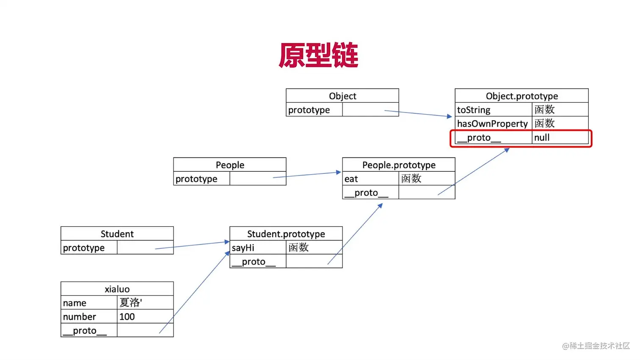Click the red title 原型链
click(318, 55)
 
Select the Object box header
click(342, 96)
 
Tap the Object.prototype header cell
click(521, 96)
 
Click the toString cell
click(493, 110)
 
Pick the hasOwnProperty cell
click(493, 124)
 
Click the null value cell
click(560, 138)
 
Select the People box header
click(229, 165)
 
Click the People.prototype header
click(398, 165)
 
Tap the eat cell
click(370, 179)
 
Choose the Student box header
click(117, 234)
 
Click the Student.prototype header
click(286, 234)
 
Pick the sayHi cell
click(258, 248)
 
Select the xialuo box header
click(117, 289)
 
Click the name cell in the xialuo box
click(89, 303)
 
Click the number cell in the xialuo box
click(89, 317)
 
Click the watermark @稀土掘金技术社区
click(596, 346)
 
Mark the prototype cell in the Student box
click(89, 248)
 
